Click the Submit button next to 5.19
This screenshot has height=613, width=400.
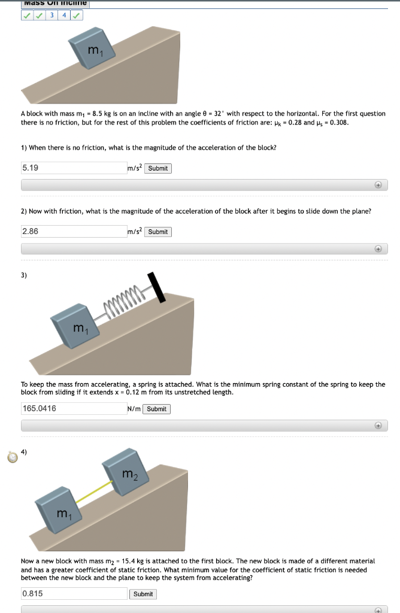click(x=158, y=168)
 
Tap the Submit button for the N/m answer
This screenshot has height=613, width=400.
click(x=156, y=409)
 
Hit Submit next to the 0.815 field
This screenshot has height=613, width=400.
click(x=143, y=594)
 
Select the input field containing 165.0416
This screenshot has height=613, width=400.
click(x=73, y=409)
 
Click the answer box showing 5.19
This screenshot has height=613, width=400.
click(x=73, y=168)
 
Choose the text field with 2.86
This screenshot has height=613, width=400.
click(x=73, y=232)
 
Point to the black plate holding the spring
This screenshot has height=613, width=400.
click(x=157, y=287)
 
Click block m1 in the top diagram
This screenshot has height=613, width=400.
click(x=92, y=50)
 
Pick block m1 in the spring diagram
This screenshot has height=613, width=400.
click(x=75, y=327)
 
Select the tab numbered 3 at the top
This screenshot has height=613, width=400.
click(x=52, y=16)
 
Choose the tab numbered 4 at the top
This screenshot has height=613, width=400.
click(x=64, y=16)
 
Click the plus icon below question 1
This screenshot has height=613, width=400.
click(x=378, y=186)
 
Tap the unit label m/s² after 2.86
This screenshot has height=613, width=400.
click(x=135, y=232)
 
